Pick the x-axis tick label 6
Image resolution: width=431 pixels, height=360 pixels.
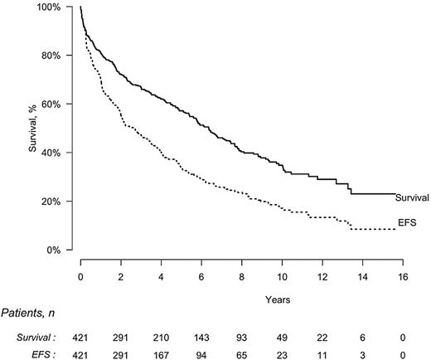pos(201,264)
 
